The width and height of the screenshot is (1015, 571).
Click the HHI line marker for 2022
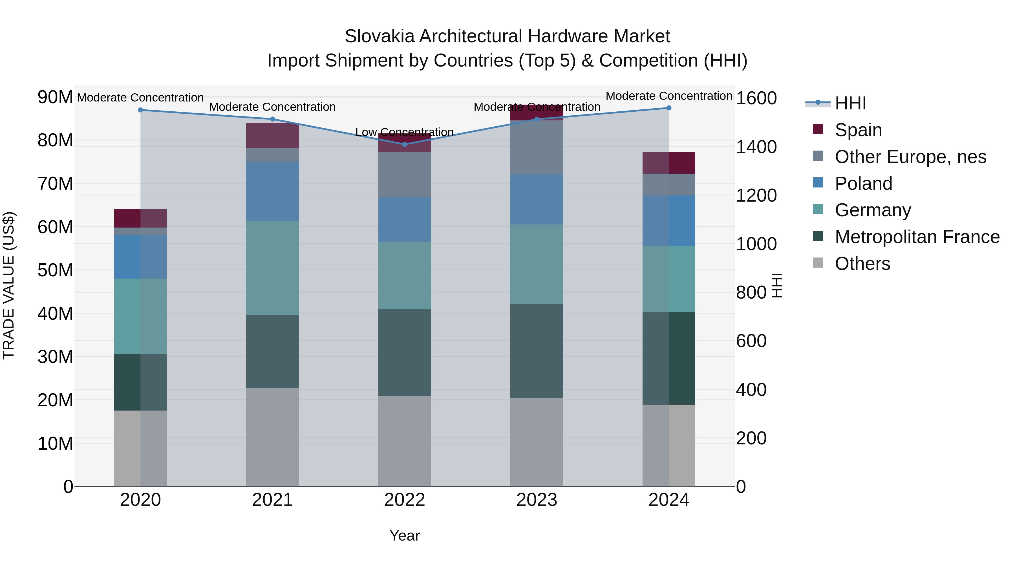(404, 144)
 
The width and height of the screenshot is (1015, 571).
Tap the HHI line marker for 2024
(669, 108)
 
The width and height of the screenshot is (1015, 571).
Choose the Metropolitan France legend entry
(917, 237)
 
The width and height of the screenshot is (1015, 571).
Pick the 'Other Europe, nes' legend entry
(910, 156)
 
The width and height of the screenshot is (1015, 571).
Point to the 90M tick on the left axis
(55, 97)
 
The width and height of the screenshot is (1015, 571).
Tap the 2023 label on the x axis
(536, 500)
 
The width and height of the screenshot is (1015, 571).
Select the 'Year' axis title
(404, 535)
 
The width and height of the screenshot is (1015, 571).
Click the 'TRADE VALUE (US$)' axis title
(9, 285)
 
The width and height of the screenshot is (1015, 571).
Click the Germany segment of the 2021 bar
(272, 268)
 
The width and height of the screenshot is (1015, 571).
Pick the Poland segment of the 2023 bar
(536, 199)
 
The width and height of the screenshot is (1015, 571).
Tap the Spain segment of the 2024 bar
(669, 163)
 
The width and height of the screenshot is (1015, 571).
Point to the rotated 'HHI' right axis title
(776, 285)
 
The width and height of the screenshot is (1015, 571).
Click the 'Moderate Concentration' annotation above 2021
(272, 107)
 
